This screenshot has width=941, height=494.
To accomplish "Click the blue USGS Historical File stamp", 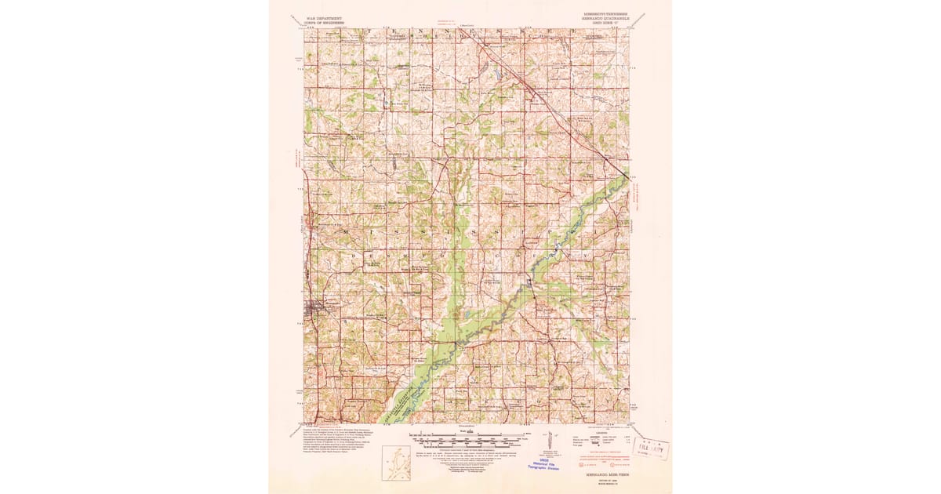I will pos(549,463).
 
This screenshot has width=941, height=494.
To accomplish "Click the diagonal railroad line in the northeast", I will pos(565,118).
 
